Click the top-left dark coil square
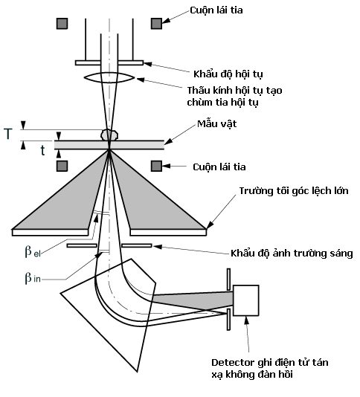[x=61, y=23]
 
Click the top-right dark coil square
[x=156, y=23]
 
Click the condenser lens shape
[x=109, y=77]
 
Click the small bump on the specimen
[x=109, y=135]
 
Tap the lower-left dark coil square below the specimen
[x=61, y=164]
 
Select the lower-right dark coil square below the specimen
[x=156, y=164]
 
